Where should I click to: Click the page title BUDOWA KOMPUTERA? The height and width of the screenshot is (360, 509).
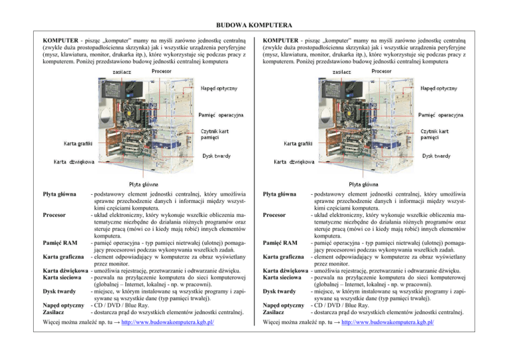point(254,25)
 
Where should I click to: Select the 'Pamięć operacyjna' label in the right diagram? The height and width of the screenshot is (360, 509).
point(445,115)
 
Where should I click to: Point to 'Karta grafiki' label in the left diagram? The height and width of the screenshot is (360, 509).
point(77,144)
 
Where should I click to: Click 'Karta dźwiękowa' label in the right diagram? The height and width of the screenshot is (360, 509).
point(295,160)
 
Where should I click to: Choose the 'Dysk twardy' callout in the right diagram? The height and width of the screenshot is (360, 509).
point(439,156)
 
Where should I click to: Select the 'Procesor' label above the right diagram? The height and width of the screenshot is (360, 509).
point(385,71)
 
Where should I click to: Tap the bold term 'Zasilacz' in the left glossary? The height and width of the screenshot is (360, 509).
point(54,312)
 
